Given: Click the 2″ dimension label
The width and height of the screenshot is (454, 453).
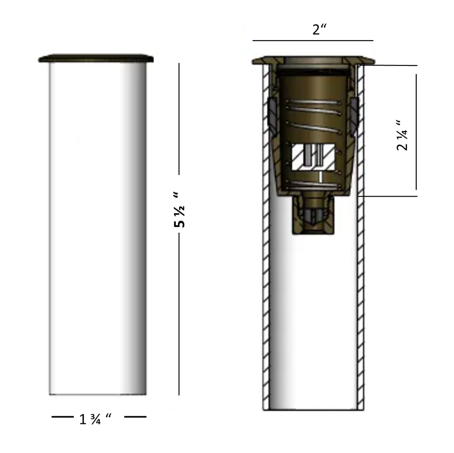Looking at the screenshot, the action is click(x=319, y=29).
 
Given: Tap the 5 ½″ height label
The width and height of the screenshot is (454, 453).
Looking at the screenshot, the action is click(x=179, y=209).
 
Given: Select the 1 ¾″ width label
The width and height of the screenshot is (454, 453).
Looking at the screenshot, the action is click(x=95, y=419).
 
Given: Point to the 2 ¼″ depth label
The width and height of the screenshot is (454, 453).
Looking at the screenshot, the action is click(x=402, y=135).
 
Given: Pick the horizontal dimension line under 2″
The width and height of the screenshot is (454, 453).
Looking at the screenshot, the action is click(x=313, y=41).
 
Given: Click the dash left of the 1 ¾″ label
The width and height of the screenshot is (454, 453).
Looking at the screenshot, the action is click(x=63, y=417).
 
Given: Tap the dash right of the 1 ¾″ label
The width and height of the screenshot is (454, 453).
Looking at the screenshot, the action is click(x=135, y=417).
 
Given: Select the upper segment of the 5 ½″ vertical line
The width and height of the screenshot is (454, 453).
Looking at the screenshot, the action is click(x=179, y=119).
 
